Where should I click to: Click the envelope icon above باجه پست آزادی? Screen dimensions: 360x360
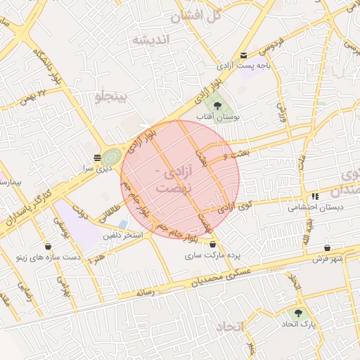pyautogui.click(x=243, y=56)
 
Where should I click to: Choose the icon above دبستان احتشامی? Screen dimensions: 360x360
pyautogui.click(x=314, y=196)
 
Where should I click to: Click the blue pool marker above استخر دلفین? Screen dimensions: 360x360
pyautogui.click(x=124, y=224)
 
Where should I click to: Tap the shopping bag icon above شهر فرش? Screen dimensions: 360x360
pyautogui.click(x=328, y=247)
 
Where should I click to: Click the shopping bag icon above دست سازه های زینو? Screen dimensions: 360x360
pyautogui.click(x=48, y=246)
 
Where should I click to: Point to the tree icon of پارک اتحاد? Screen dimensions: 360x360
pyautogui.click(x=299, y=313)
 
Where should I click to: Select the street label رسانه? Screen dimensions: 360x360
pyautogui.click(x=146, y=292)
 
